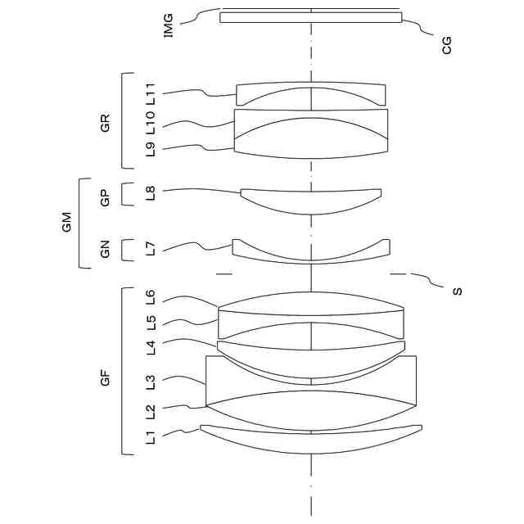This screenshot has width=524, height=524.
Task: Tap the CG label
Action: [x=446, y=44]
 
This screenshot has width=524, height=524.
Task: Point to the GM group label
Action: [x=67, y=222]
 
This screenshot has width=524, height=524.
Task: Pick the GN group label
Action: [x=105, y=250]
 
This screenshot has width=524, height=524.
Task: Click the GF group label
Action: [x=105, y=377]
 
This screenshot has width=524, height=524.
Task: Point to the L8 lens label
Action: [x=150, y=194]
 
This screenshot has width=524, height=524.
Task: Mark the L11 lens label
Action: [x=150, y=93]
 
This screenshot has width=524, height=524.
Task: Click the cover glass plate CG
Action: [x=311, y=17]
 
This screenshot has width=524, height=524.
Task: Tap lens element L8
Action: [x=311, y=201]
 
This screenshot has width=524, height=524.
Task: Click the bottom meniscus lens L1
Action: [x=311, y=440]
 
